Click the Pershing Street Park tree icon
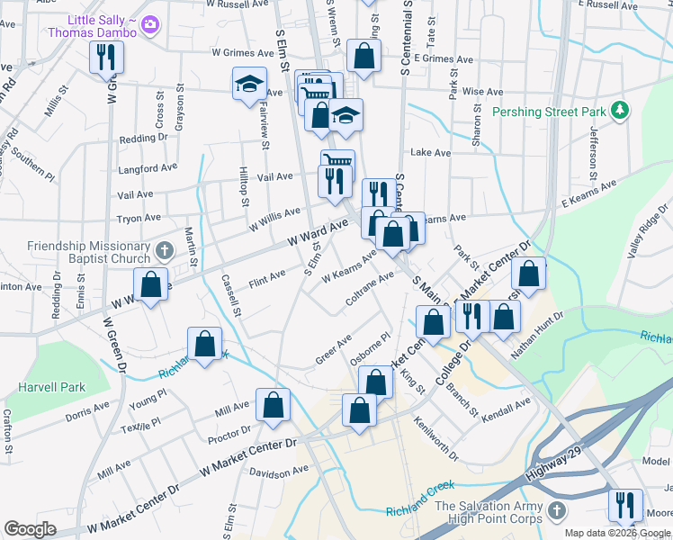[x=618, y=112]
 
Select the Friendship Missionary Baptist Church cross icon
[x=164, y=249]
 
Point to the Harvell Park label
[x=52, y=388]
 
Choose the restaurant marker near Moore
[x=624, y=507]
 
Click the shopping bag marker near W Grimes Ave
[x=363, y=56]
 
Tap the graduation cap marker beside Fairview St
[x=249, y=85]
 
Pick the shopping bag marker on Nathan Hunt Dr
[x=506, y=318]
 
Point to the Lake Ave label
[x=431, y=153]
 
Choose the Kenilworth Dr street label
[x=435, y=438]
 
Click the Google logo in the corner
[x=30, y=528]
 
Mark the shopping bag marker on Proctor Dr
[x=273, y=406]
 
